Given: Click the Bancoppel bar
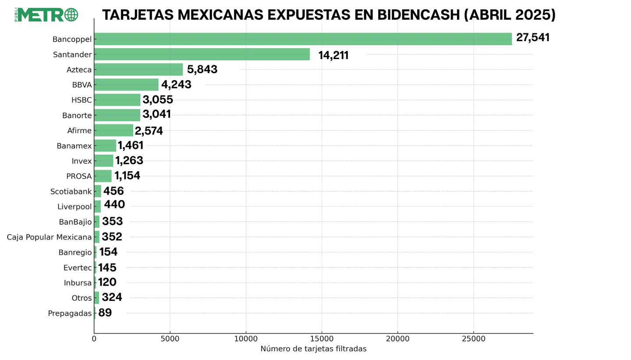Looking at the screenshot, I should (x=302, y=39).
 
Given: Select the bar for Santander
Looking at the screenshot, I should (x=202, y=54).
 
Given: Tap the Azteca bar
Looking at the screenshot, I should (x=138, y=70).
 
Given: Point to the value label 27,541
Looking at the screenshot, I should (x=532, y=38).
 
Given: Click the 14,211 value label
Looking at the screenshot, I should (x=333, y=56).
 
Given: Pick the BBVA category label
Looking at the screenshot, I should (x=82, y=85).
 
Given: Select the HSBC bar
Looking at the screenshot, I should (x=117, y=100).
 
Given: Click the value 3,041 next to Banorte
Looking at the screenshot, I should (x=156, y=114).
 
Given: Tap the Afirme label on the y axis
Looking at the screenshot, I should (x=79, y=131).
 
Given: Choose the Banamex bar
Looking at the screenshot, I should (x=105, y=145).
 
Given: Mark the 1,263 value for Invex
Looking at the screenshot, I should (x=129, y=161).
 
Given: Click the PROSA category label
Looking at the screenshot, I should (x=79, y=176).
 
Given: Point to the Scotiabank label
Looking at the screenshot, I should (x=71, y=191).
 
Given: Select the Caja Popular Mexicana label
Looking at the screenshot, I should (x=49, y=237).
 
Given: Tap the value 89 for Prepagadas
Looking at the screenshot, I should (x=105, y=313).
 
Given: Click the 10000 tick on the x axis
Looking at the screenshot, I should (x=246, y=339).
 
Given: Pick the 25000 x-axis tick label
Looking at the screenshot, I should (x=474, y=339).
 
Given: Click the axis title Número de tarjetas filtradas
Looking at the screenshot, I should (x=313, y=349).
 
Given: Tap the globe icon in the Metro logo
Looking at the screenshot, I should (x=71, y=15).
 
